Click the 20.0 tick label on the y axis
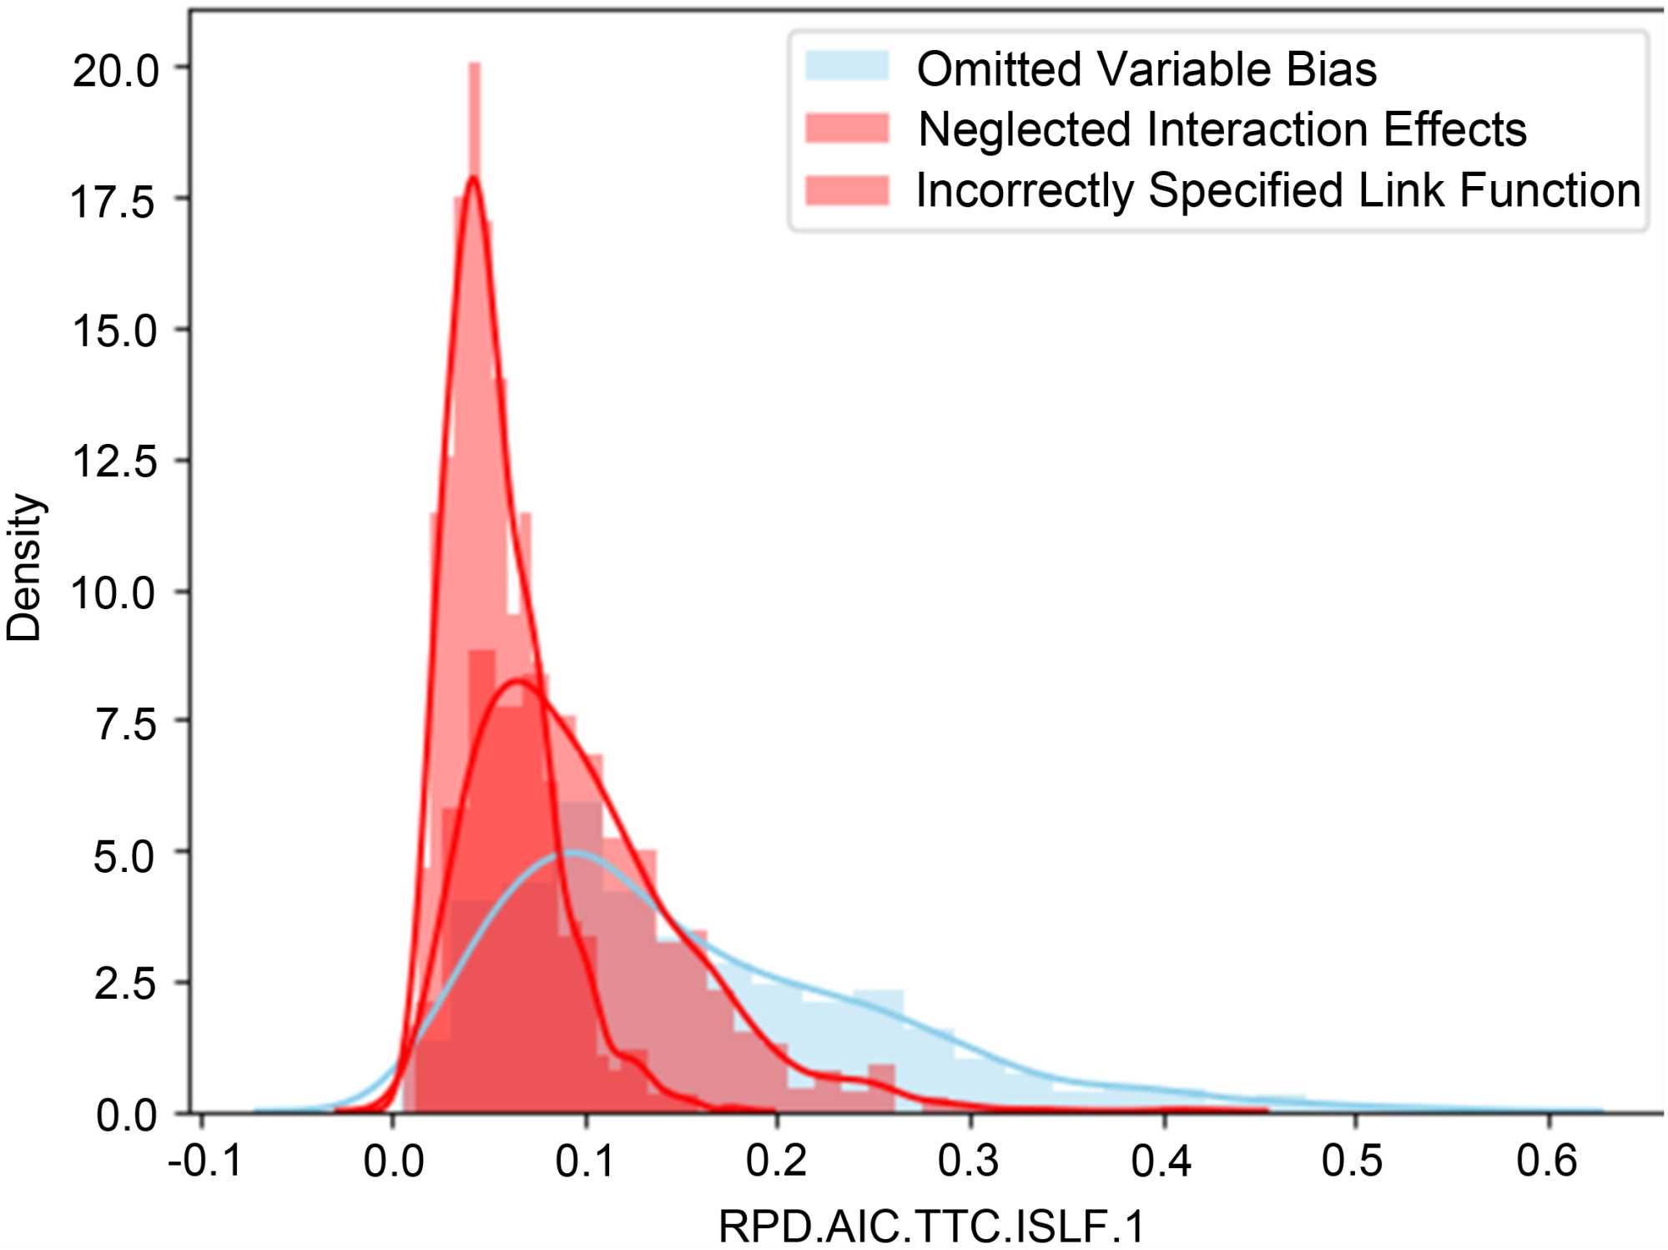(115, 70)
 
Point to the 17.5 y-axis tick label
(113, 201)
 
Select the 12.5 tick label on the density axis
(113, 461)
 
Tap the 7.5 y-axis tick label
(125, 723)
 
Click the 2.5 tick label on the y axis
(125, 984)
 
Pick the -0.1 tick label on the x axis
(204, 1161)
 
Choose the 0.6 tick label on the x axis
(1546, 1161)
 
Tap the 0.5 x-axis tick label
(1353, 1161)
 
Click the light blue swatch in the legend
(846, 66)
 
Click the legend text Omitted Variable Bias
(1146, 68)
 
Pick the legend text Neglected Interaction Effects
(1222, 129)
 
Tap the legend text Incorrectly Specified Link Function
(1277, 190)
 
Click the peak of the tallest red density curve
(473, 176)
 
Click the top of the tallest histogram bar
(475, 64)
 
